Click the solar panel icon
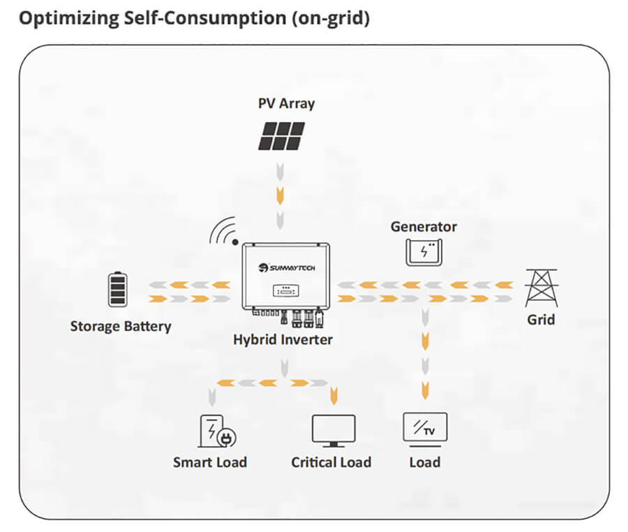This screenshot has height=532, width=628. [x=281, y=136]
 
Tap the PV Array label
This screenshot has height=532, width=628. [x=286, y=103]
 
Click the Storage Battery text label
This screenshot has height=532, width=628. [x=121, y=326]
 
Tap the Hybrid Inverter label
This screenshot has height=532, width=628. [x=283, y=340]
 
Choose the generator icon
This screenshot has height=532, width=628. [x=424, y=251]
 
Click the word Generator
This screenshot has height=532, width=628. [x=424, y=227]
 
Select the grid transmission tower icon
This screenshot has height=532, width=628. [x=541, y=288]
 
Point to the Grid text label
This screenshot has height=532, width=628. [x=541, y=320]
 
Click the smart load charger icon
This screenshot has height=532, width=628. [x=216, y=431]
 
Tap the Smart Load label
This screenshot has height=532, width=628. [x=210, y=462]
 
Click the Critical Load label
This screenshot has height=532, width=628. [x=331, y=462]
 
